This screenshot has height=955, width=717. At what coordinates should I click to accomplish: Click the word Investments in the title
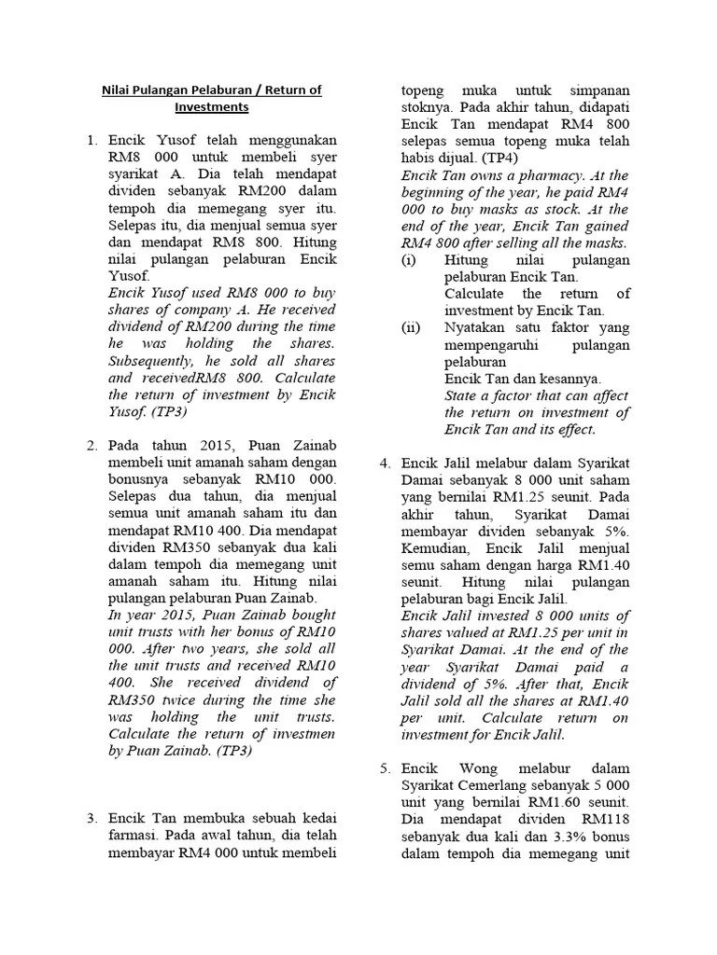pyautogui.click(x=211, y=107)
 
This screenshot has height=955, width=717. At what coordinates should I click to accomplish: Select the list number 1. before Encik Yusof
pyautogui.click(x=92, y=141)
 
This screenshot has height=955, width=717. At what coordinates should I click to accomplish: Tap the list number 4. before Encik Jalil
pyautogui.click(x=385, y=464)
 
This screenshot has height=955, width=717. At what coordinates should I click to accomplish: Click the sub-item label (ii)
pyautogui.click(x=412, y=327)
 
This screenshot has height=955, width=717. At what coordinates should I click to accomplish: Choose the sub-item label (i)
pyautogui.click(x=409, y=260)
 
